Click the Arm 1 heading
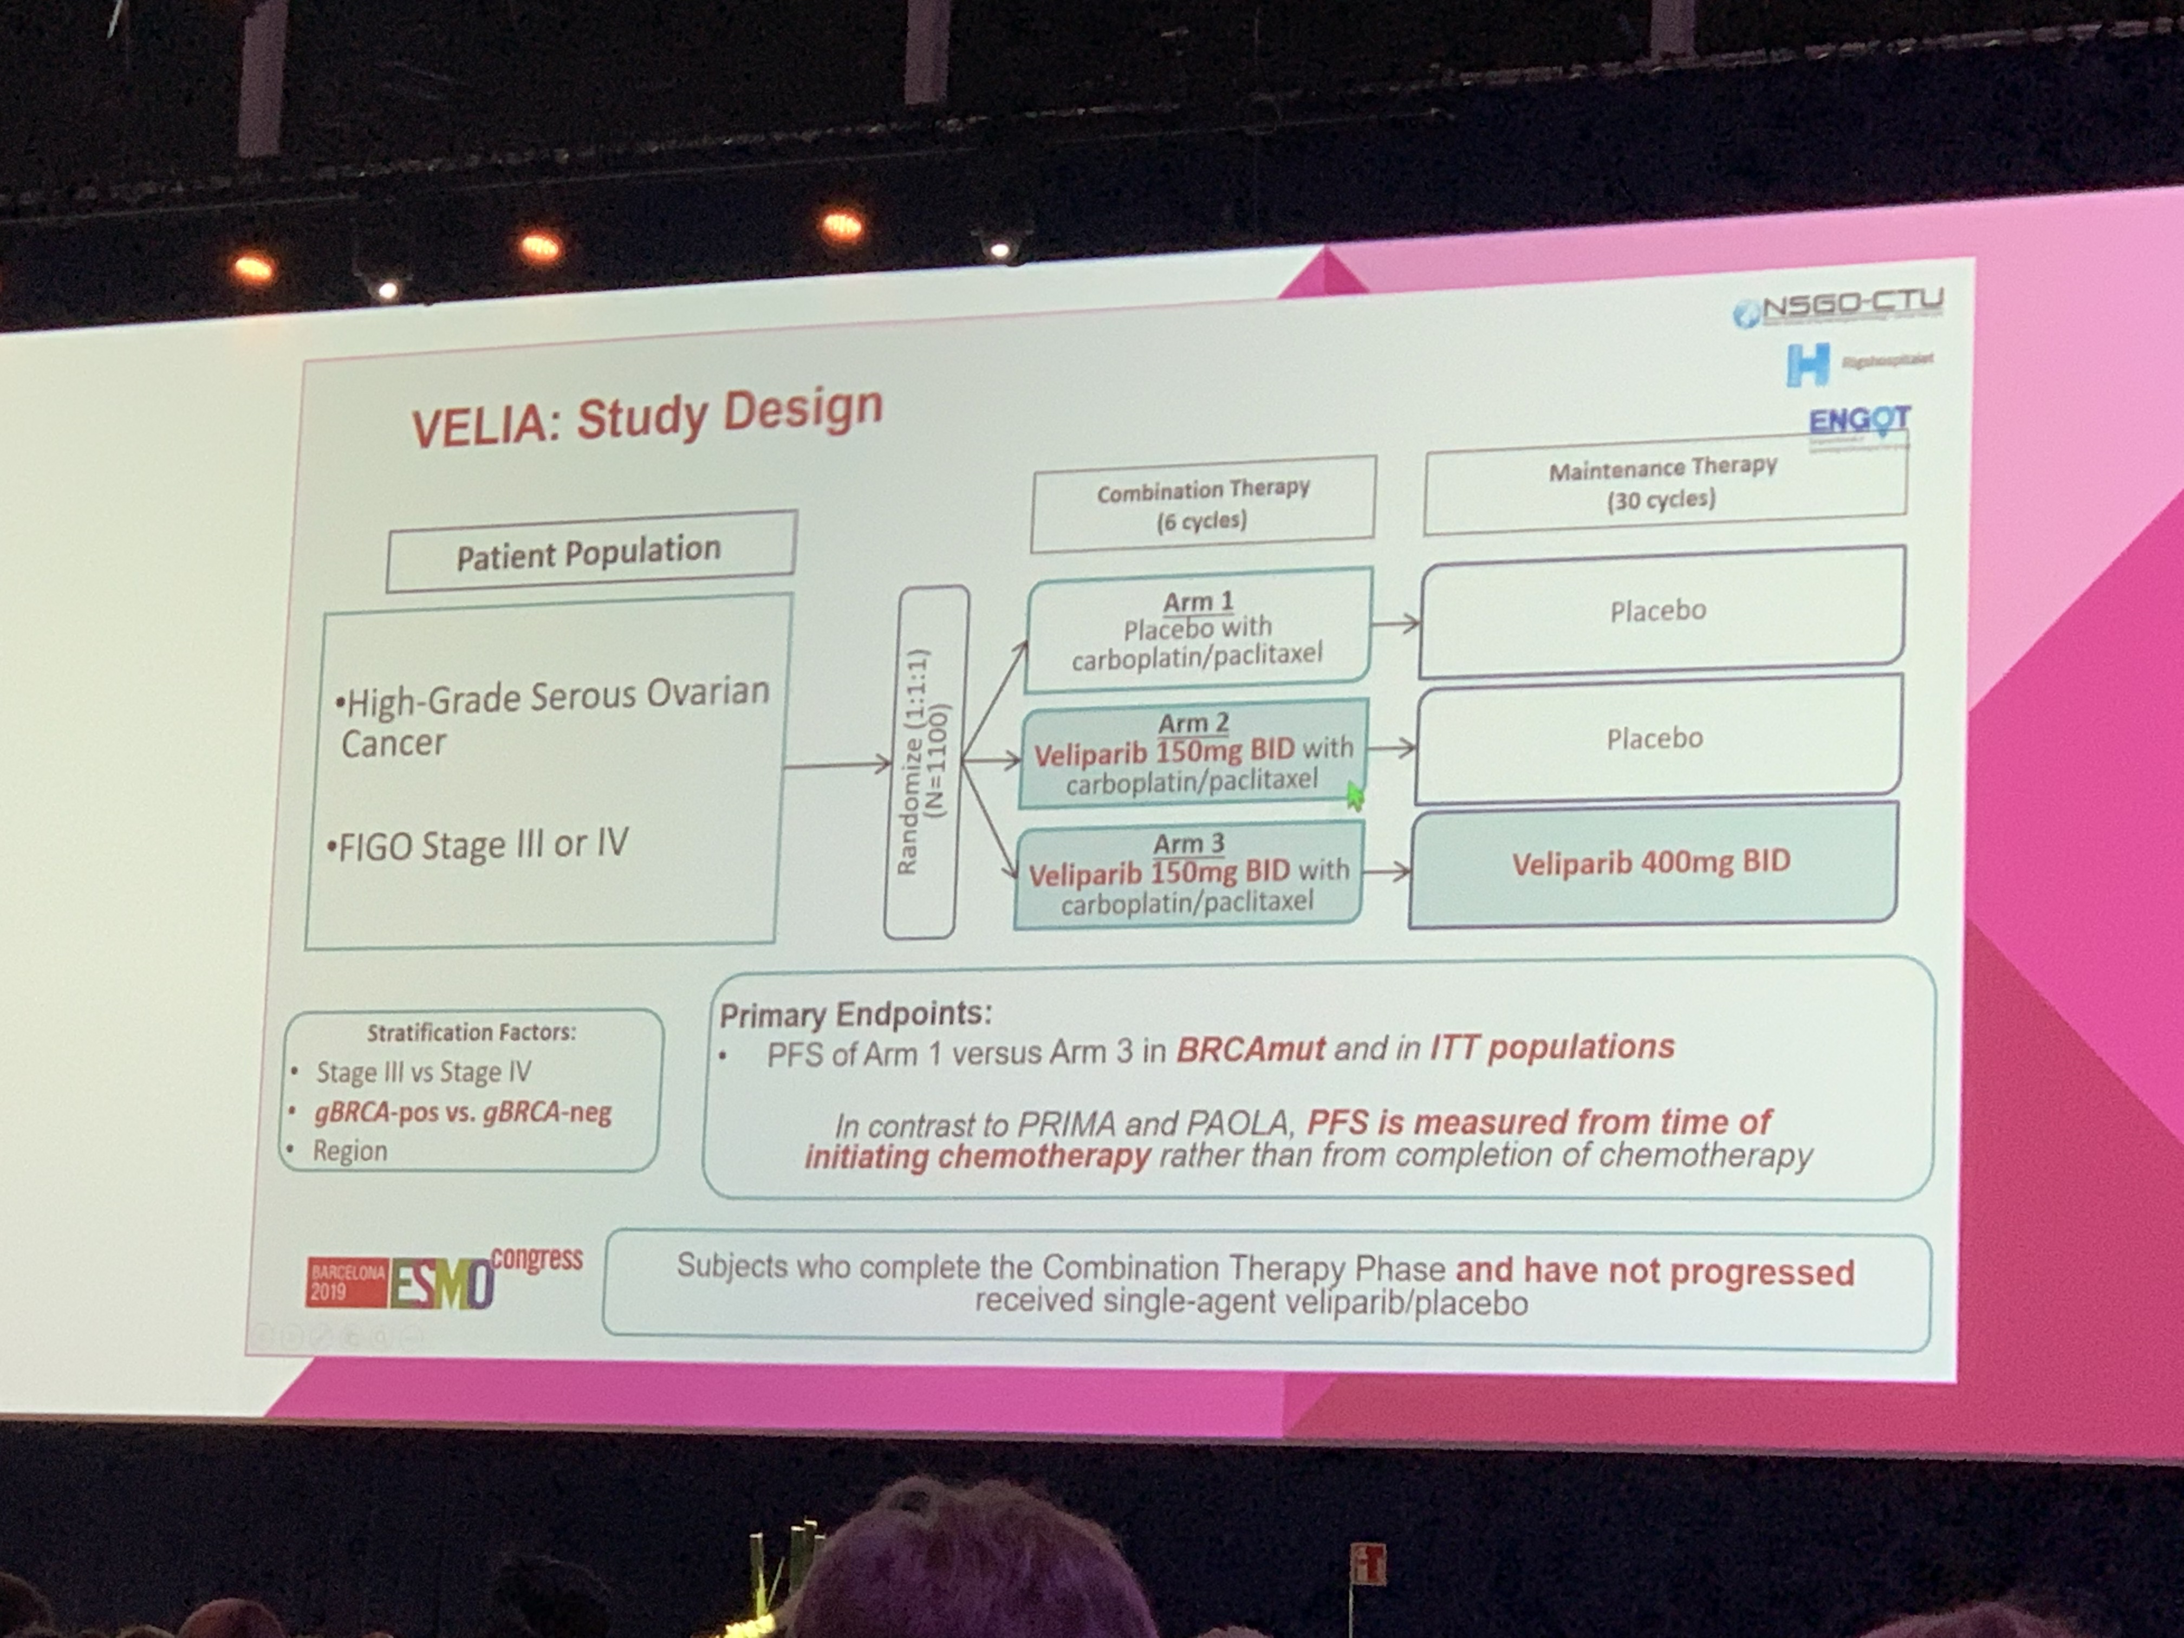tap(1198, 601)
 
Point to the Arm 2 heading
tap(1194, 723)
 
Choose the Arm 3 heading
tap(1189, 844)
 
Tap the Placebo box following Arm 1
tap(1659, 611)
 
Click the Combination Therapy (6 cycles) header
tap(1202, 504)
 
